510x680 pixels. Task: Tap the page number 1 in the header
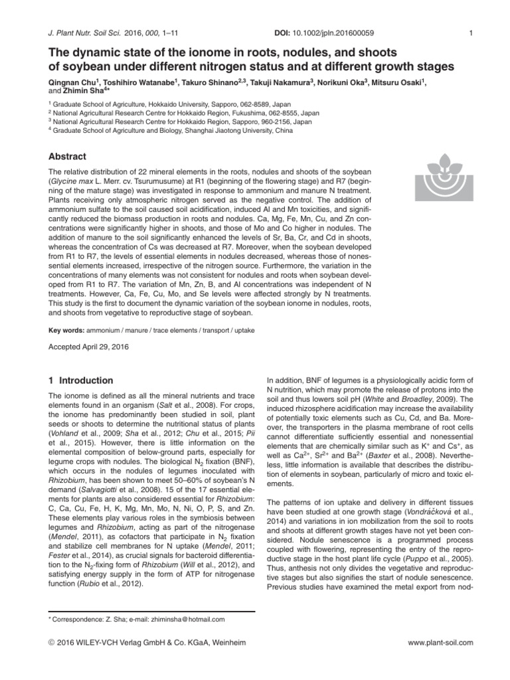coord(470,33)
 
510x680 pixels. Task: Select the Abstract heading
coord(69,157)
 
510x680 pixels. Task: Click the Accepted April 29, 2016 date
coord(90,346)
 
